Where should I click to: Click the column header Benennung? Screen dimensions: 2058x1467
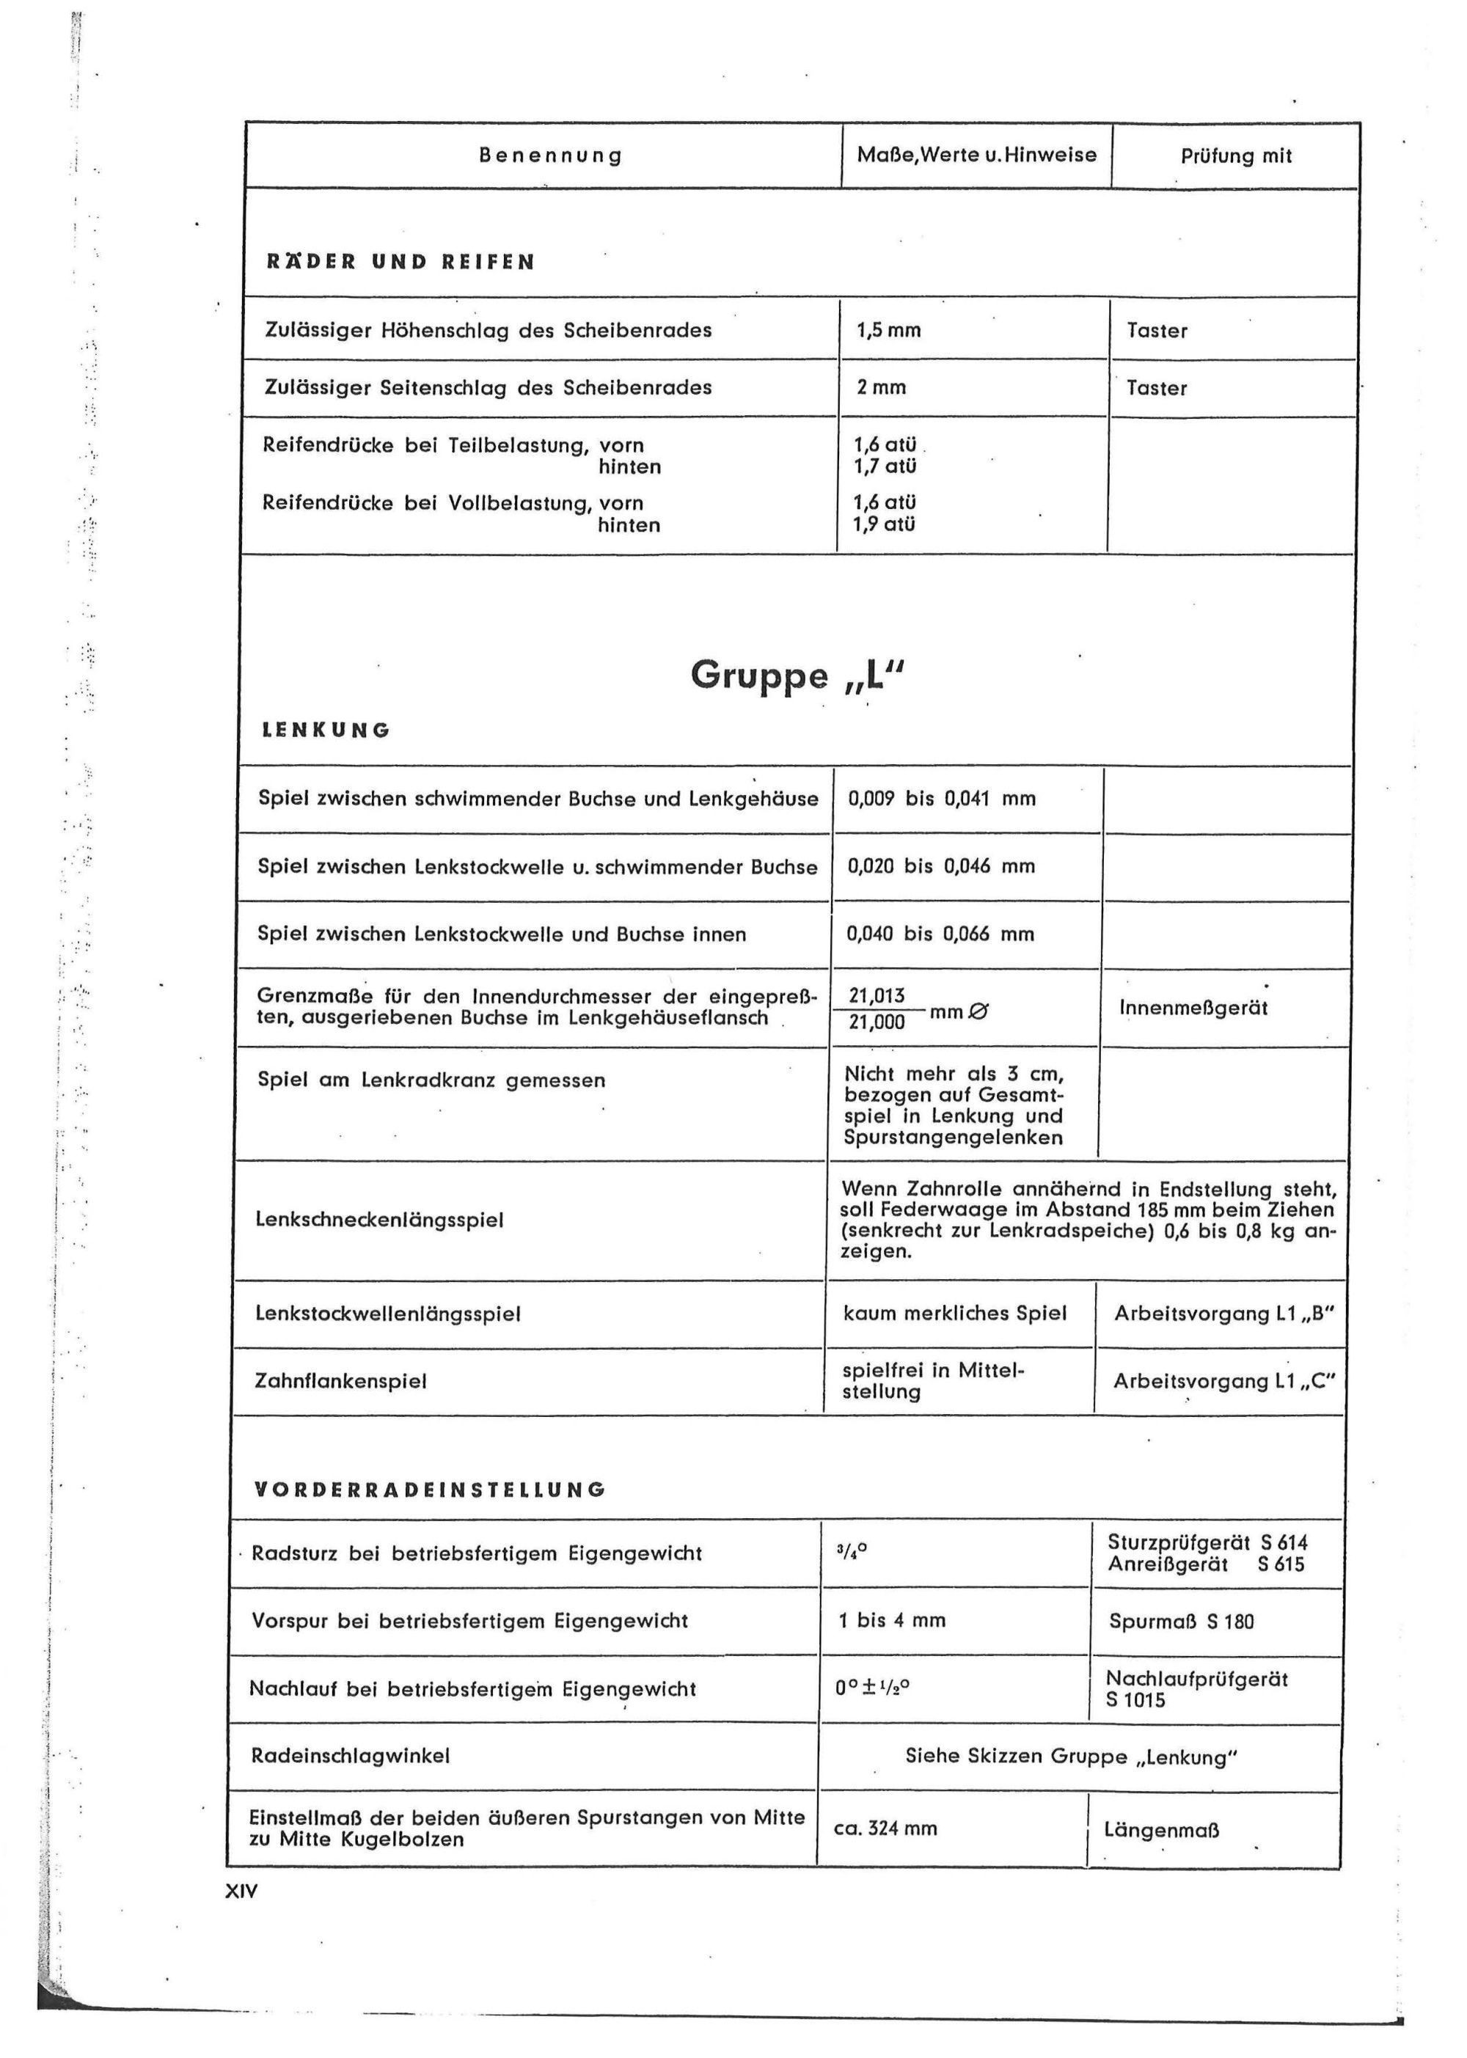(550, 155)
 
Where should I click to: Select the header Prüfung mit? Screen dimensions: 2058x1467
(1236, 156)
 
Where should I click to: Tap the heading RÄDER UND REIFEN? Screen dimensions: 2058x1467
(400, 262)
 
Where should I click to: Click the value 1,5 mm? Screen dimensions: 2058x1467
(888, 331)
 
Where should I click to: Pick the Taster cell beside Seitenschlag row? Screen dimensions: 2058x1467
(1156, 388)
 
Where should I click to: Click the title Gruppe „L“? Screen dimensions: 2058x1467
(797, 675)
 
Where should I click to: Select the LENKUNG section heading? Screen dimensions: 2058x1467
(326, 730)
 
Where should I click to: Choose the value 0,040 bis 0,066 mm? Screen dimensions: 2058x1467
(940, 934)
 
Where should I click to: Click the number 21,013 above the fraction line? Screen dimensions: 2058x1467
(877, 996)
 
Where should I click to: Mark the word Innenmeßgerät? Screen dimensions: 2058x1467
(1193, 1008)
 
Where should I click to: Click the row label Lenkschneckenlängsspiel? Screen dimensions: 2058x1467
(379, 1220)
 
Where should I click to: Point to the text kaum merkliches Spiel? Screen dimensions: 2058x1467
(955, 1313)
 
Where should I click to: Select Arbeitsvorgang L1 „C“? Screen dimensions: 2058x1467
(1223, 1382)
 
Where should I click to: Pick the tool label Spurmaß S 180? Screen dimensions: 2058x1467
(1181, 1622)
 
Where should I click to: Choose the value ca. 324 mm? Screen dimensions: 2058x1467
(885, 1828)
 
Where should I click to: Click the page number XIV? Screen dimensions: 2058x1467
(241, 1891)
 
